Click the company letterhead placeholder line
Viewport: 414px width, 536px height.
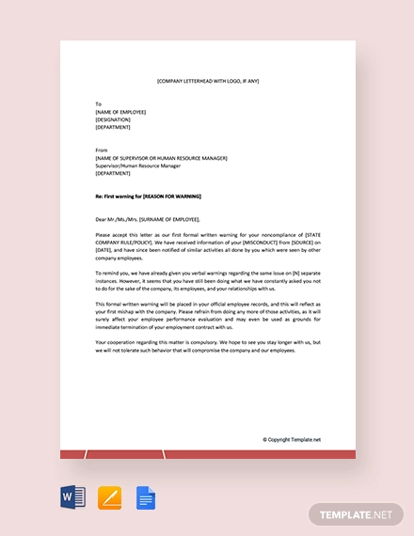[x=207, y=82]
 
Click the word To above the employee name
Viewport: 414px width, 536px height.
[x=98, y=103]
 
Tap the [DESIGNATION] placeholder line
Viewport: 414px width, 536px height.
[x=113, y=119]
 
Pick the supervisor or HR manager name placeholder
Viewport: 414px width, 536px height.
[x=161, y=158]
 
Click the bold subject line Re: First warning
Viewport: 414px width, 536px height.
[x=149, y=196]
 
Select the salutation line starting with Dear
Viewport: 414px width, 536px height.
[x=148, y=219]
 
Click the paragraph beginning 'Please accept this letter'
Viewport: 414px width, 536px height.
[x=207, y=245]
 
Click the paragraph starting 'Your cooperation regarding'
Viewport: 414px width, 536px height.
[x=207, y=347]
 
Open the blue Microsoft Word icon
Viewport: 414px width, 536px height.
[x=72, y=497]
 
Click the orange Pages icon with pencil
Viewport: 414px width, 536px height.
[x=109, y=497]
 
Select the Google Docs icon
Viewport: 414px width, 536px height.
[x=146, y=497]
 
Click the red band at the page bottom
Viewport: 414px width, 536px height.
[x=207, y=454]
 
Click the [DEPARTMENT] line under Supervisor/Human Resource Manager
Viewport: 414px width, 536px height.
[x=113, y=173]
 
